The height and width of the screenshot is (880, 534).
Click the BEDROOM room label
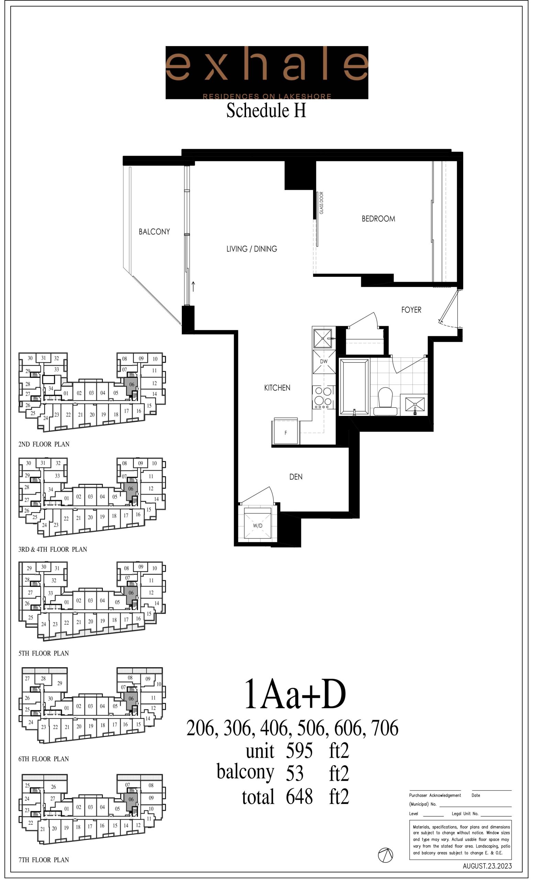coord(378,219)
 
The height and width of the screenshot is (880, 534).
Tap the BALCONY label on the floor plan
coord(154,231)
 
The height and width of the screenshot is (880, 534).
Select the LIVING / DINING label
coord(252,249)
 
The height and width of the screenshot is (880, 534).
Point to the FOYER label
coord(411,310)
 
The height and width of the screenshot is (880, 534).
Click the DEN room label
coord(296,477)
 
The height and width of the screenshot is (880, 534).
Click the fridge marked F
coord(286,431)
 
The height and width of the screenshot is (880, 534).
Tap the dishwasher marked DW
coord(324,362)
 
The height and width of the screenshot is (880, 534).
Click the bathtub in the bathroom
coord(354,387)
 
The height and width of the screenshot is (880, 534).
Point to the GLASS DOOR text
coord(321,203)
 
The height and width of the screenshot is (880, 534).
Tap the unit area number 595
coord(299,751)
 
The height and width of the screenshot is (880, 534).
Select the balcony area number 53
coord(295,773)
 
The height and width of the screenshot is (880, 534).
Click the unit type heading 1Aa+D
coord(295,695)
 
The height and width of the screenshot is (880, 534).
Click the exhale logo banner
coord(267,73)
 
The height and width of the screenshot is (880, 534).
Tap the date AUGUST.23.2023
coord(487,866)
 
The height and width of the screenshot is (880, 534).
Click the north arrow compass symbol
coord(386,855)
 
